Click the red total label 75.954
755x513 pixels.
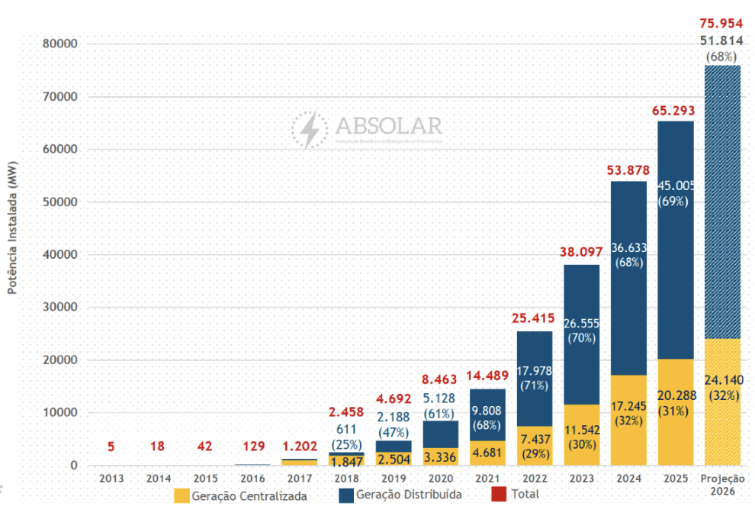pyautogui.click(x=721, y=24)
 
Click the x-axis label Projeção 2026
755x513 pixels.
pyautogui.click(x=721, y=484)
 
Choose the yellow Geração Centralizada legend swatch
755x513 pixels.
pyautogui.click(x=182, y=495)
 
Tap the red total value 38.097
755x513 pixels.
pyautogui.click(x=582, y=251)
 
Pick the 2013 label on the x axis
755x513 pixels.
pyautogui.click(x=111, y=478)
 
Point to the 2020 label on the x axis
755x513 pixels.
pyautogui.click(x=440, y=478)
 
